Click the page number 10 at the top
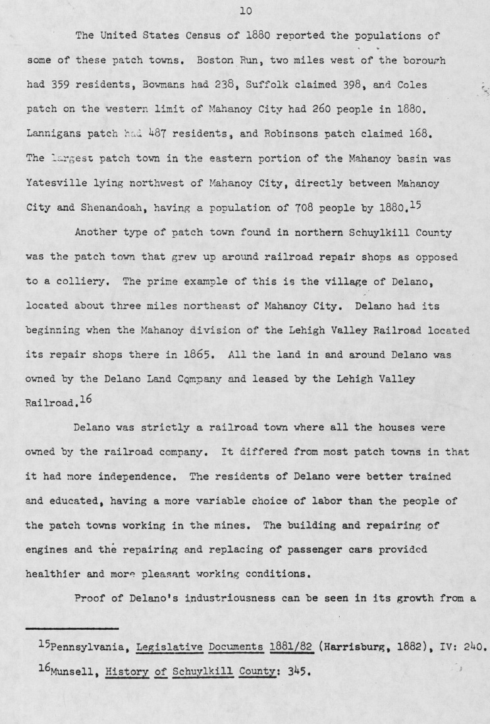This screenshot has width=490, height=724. click(246, 11)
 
